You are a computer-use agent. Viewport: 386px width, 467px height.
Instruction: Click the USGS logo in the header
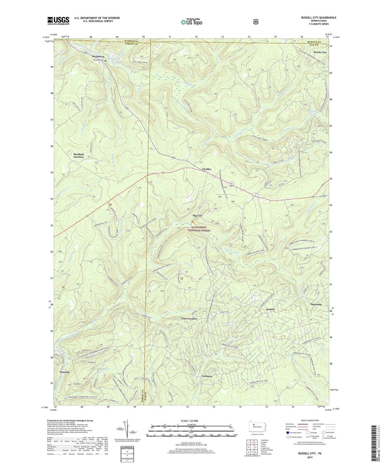tap(58, 21)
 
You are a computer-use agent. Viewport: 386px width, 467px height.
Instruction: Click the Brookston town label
tap(98, 57)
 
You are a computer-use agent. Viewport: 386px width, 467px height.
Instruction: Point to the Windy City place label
tap(320, 52)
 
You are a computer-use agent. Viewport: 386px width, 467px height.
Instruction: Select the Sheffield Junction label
tap(79, 156)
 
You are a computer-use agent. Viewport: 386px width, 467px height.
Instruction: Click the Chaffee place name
tap(206, 169)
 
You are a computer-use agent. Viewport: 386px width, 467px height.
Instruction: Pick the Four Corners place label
tap(189, 319)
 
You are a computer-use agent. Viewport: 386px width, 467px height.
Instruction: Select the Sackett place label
tap(270, 309)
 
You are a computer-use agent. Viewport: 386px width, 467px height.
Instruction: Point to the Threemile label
tap(316, 304)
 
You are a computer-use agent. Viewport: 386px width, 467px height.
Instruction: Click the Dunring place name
tap(64, 372)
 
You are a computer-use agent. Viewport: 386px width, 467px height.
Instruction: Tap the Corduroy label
tap(207, 376)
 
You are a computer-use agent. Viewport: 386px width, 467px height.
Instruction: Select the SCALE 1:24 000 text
tap(189, 421)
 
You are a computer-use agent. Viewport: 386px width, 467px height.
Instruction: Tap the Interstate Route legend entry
tap(293, 432)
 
